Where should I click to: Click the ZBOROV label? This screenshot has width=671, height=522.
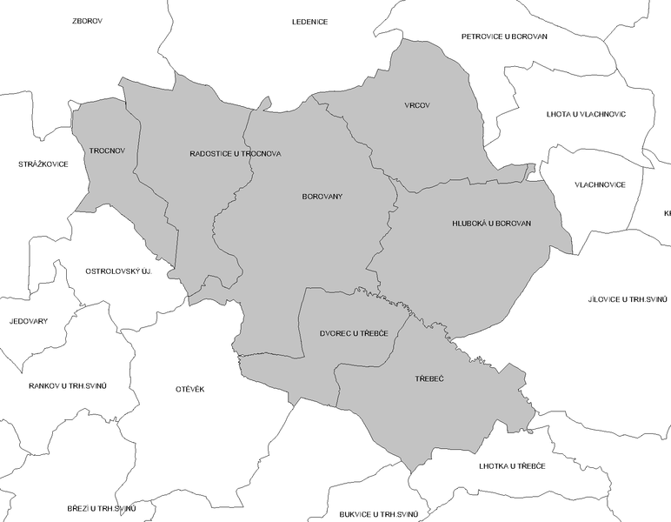tap(87, 21)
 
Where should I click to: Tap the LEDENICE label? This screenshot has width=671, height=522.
tap(309, 22)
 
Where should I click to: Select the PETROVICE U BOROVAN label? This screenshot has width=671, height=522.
tap(504, 37)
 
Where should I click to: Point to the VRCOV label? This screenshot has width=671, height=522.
tap(417, 106)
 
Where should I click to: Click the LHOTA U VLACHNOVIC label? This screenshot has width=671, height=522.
tap(586, 114)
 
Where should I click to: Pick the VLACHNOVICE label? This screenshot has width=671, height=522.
tap(600, 184)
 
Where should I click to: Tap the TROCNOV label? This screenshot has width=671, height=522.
tap(107, 151)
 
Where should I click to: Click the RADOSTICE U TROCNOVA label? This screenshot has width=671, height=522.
tap(236, 154)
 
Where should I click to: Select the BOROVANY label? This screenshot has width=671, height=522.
tap(322, 197)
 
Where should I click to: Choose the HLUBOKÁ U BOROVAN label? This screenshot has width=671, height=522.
tap(491, 224)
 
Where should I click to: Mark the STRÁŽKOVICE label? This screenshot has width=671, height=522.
tap(43, 164)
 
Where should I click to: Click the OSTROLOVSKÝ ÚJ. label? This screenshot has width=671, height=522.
tap(119, 272)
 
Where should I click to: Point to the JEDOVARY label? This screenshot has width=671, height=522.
tap(29, 321)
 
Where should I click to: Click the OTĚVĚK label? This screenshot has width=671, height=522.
tap(189, 389)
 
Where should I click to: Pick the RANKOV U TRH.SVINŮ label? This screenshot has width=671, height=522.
tap(67, 385)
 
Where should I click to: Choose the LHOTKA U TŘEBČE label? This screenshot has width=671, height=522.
tap(512, 466)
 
